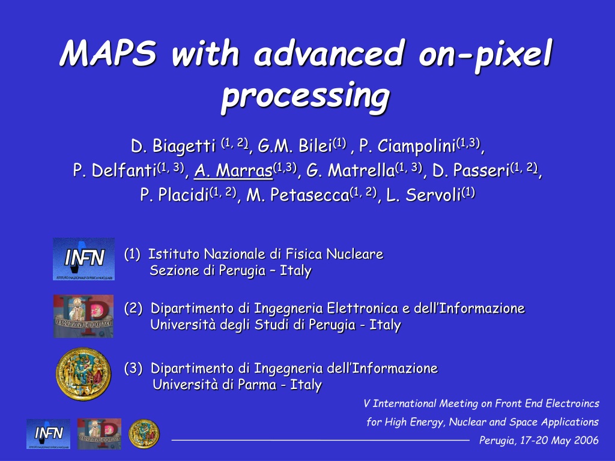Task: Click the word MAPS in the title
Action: (108, 53)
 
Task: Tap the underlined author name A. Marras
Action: (234, 170)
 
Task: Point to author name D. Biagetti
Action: (173, 146)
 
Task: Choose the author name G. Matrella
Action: (350, 170)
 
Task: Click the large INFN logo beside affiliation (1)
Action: (84, 259)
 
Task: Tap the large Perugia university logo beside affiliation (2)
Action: (83, 316)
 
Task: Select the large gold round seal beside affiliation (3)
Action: (83, 374)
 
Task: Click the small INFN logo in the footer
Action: (49, 433)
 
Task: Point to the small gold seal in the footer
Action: (144, 433)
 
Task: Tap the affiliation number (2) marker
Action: (133, 308)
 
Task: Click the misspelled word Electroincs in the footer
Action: (572, 403)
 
